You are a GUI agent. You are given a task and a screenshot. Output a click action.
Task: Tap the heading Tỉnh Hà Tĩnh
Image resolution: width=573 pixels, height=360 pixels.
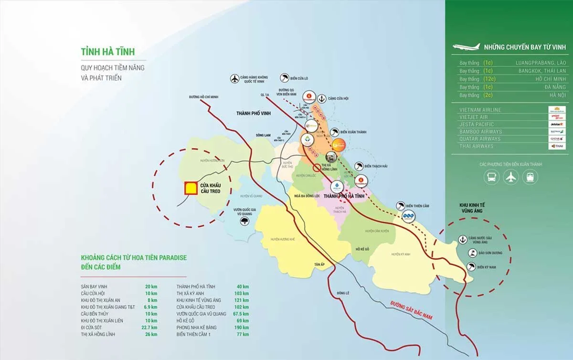pos(107,52)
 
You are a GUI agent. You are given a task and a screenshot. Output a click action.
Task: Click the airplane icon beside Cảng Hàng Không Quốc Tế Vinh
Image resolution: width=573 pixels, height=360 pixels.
pos(234,79)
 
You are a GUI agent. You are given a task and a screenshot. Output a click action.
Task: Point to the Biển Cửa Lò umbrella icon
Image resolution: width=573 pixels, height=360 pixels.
pos(285,78)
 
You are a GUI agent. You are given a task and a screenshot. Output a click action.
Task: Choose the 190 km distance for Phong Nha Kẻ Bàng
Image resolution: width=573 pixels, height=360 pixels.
pos(242,328)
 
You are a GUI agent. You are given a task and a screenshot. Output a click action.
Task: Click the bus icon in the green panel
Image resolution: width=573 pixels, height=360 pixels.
pos(491,178)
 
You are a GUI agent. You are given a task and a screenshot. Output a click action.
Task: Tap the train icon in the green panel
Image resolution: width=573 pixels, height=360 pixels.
pos(530,178)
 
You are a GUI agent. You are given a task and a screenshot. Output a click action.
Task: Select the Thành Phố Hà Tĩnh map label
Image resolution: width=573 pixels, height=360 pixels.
pos(345,197)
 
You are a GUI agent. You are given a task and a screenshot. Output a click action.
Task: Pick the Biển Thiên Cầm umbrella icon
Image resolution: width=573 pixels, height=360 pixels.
pos(400,206)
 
